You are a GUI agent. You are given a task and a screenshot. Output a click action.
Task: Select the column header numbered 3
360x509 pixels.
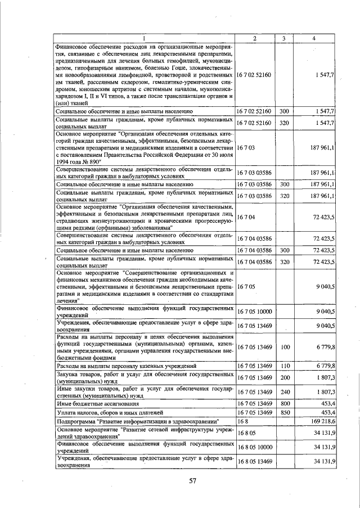[x=284, y=38]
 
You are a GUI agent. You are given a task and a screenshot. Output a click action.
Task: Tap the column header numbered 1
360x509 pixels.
[x=145, y=38]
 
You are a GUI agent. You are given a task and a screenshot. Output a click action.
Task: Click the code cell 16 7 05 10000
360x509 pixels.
[x=254, y=310]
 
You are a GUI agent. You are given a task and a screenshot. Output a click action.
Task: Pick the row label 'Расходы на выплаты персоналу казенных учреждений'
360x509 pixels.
[x=125, y=366]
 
